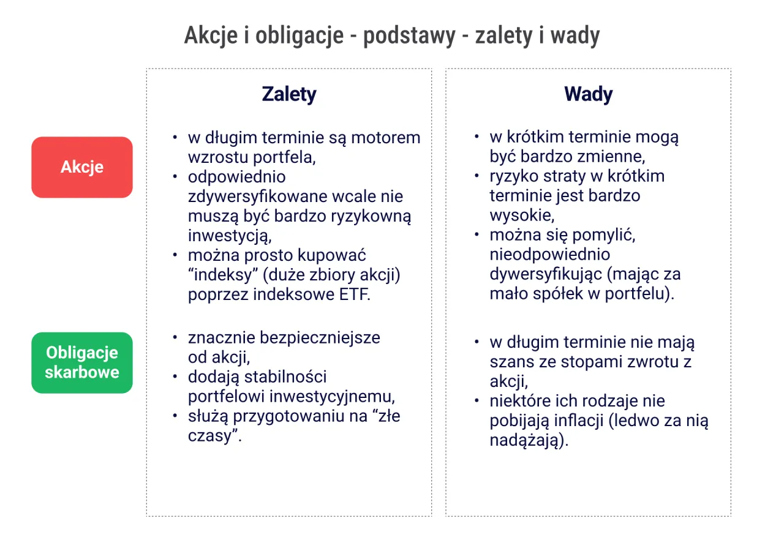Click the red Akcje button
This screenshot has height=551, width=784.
82,167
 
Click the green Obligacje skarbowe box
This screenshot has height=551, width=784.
82,362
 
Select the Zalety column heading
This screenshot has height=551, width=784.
288,94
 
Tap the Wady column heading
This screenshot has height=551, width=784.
588,94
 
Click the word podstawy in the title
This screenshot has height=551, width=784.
410,36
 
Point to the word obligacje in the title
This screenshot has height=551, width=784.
300,36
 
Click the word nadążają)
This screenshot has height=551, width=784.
529,441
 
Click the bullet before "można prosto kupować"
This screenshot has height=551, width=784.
176,255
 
